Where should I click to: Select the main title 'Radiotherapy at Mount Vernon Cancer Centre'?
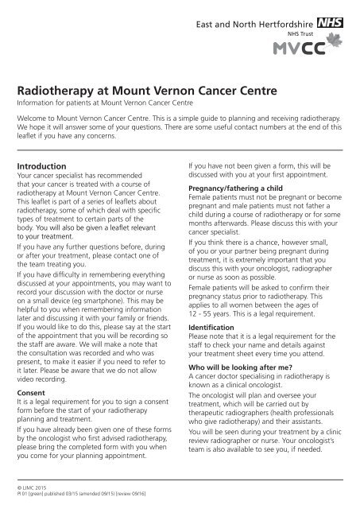pos(148,92)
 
